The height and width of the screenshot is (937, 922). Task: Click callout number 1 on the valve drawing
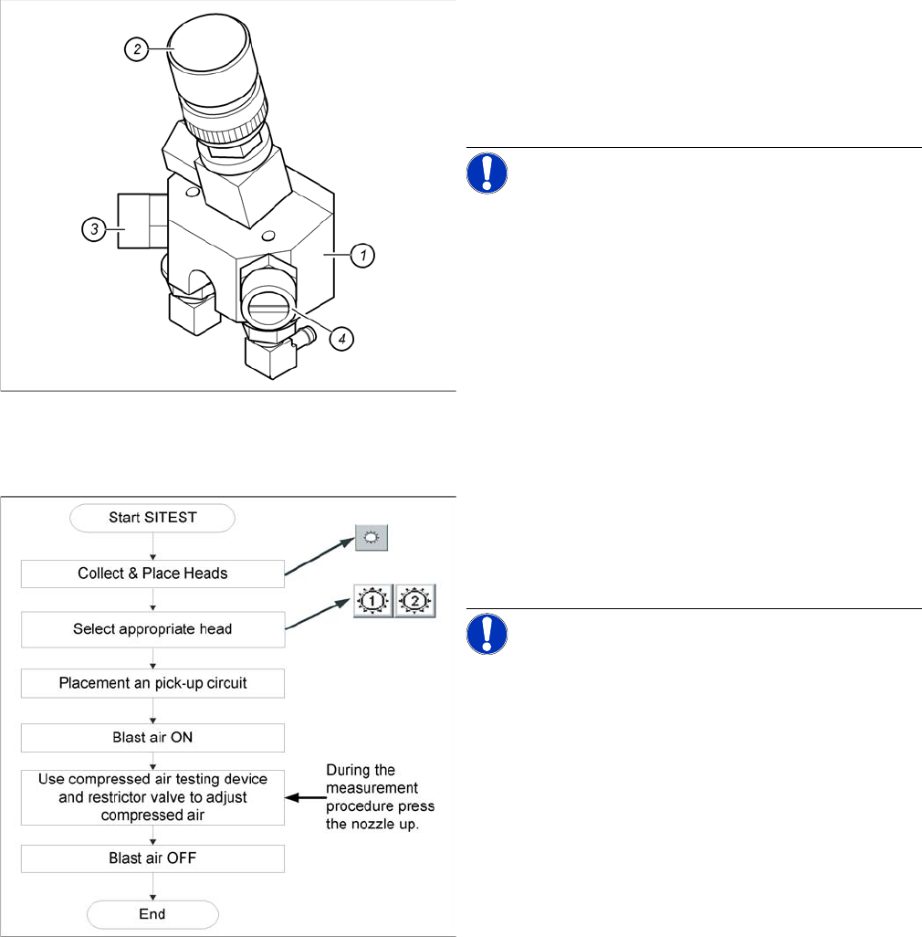(x=362, y=256)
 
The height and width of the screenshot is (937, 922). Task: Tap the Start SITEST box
(x=153, y=519)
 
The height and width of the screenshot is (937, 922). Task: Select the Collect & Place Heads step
(x=153, y=574)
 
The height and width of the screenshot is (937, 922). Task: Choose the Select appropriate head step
(x=153, y=629)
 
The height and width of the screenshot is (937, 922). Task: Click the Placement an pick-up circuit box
(x=153, y=683)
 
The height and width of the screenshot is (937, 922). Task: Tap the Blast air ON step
(x=153, y=737)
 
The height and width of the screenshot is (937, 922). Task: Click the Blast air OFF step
(x=153, y=858)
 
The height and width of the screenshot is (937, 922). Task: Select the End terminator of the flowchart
(x=153, y=914)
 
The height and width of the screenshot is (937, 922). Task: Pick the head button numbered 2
(x=414, y=601)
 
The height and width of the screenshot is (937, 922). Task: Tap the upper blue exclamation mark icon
(x=487, y=173)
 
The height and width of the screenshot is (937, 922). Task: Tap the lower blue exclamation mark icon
(x=487, y=634)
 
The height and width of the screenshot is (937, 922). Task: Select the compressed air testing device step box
(x=153, y=796)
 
